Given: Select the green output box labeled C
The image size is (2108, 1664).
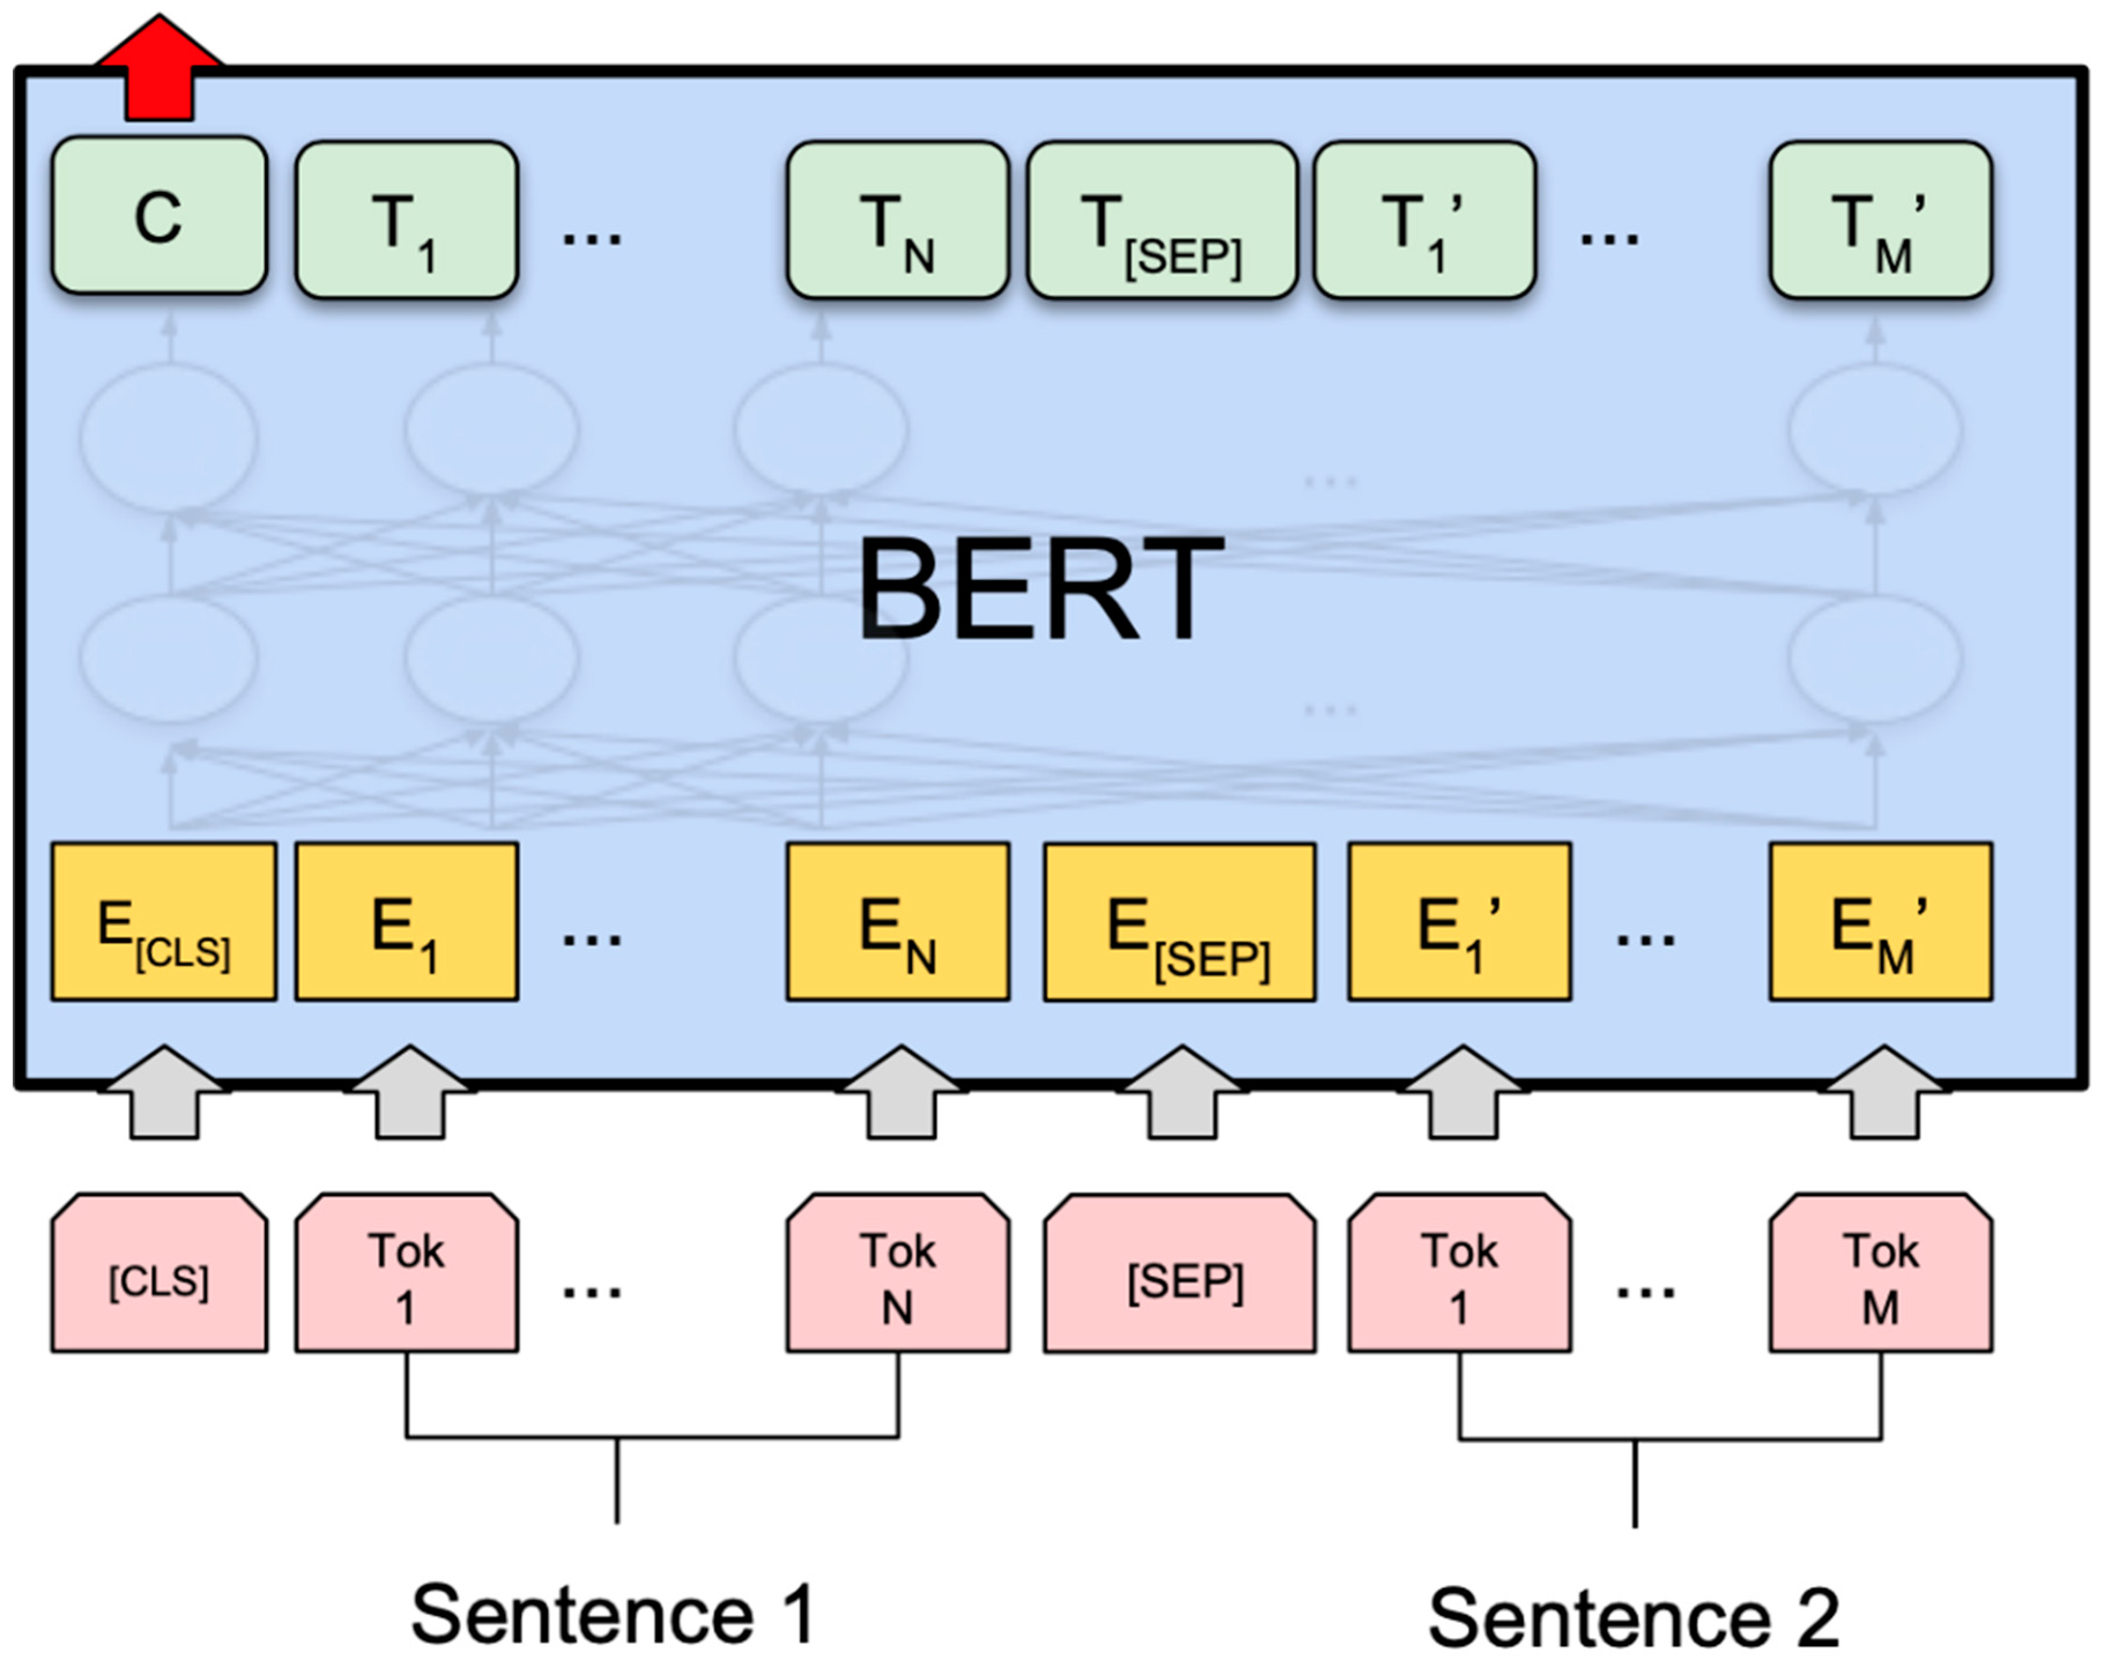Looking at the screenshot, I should [159, 216].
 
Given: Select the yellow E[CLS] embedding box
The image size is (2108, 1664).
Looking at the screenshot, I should [164, 922].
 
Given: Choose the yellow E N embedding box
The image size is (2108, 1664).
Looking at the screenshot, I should [897, 922].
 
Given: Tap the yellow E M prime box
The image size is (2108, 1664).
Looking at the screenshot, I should [1880, 922].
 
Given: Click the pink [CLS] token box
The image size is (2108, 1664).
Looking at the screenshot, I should [159, 1275].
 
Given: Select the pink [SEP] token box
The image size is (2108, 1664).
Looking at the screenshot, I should [1179, 1275].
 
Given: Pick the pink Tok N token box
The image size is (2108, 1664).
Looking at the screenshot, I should [897, 1275].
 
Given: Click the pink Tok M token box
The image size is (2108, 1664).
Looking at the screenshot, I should [1880, 1275].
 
